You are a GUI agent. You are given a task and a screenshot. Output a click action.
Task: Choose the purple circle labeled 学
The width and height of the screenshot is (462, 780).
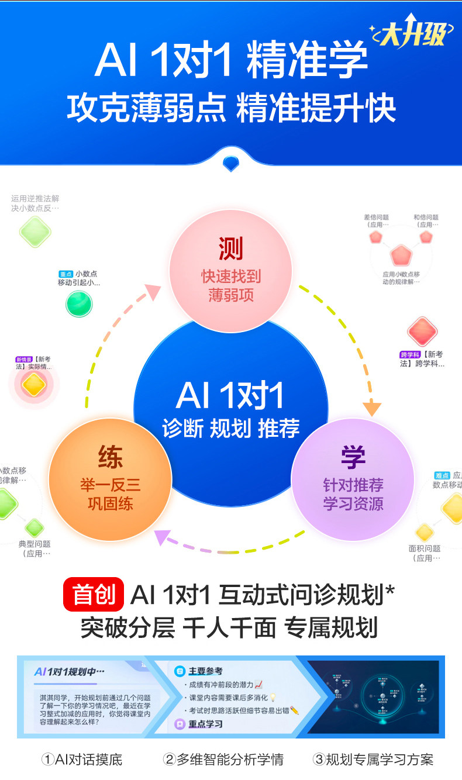[x=353, y=478]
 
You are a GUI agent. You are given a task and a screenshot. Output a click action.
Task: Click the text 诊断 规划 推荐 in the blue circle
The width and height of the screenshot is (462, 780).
[x=230, y=429]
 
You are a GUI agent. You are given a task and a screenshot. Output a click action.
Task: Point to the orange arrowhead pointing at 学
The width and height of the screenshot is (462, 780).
[x=371, y=408]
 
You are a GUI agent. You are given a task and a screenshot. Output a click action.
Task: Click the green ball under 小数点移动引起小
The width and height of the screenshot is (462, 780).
[x=79, y=303]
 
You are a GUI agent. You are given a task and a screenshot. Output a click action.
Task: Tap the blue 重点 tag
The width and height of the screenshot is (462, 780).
[x=65, y=274]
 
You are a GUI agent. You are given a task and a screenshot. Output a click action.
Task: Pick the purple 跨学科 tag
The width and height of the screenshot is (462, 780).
[x=411, y=355]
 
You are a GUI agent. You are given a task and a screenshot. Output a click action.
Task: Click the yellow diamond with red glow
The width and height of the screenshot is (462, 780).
[x=34, y=385]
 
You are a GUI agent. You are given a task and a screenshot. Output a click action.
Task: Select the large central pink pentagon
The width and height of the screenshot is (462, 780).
[x=401, y=256]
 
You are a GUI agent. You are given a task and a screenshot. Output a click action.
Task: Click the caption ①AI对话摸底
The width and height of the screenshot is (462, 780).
[x=82, y=760]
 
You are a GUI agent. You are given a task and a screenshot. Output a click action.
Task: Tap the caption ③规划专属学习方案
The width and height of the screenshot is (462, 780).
[x=374, y=760]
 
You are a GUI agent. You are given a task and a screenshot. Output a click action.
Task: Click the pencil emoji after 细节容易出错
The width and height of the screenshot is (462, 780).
[x=295, y=710]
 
